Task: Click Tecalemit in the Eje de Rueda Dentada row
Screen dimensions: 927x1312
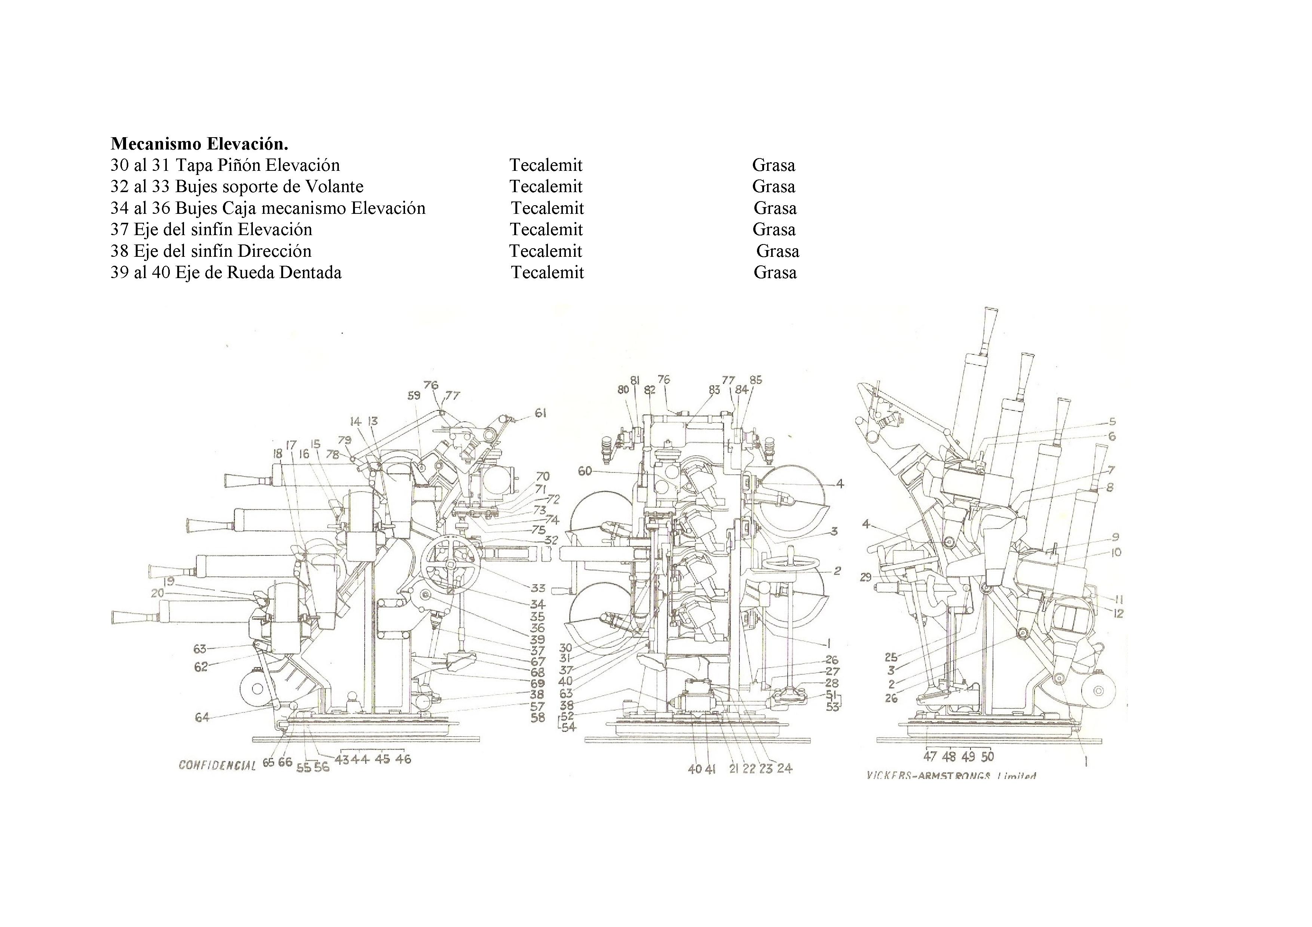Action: (x=547, y=272)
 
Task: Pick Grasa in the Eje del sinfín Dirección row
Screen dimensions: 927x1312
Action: (x=777, y=251)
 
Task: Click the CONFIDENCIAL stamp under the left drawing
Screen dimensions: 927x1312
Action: (x=217, y=765)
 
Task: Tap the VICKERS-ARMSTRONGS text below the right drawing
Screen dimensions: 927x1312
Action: (x=951, y=776)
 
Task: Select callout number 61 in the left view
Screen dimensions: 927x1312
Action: (x=540, y=413)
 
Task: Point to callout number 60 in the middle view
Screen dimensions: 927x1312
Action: (x=585, y=471)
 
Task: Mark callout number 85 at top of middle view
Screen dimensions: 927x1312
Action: (x=755, y=379)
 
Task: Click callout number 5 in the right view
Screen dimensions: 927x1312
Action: (x=1112, y=422)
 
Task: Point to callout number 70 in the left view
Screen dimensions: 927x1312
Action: (x=542, y=476)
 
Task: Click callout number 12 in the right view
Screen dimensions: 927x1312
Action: (x=1118, y=613)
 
